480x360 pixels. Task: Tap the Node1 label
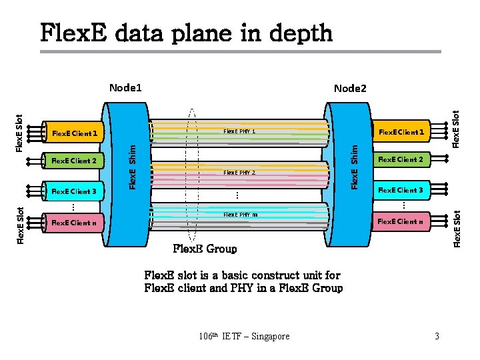point(126,87)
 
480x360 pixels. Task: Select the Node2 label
point(350,88)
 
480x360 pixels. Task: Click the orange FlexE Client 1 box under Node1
point(75,133)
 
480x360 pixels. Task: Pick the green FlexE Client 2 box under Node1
point(75,161)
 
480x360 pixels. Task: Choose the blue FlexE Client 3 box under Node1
point(75,191)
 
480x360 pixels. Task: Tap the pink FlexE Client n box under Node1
point(75,223)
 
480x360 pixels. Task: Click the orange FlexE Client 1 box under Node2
point(401,132)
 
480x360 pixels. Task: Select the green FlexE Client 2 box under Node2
point(401,159)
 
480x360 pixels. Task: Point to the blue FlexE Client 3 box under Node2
point(401,190)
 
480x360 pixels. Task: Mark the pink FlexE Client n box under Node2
point(401,221)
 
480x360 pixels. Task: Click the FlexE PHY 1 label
point(239,131)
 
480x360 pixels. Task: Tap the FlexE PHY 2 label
point(239,173)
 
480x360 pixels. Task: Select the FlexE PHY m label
point(240,215)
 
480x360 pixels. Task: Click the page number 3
point(437,336)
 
